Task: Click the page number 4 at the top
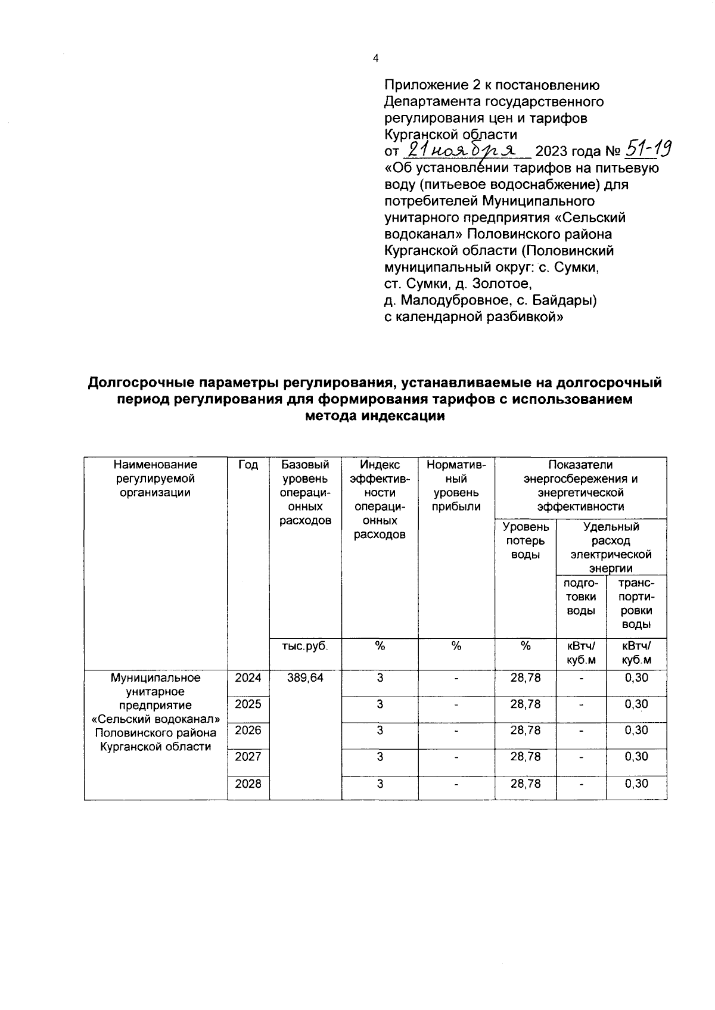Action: point(375,58)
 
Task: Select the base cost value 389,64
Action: point(305,678)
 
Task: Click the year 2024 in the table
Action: point(248,678)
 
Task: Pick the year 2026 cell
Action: point(248,731)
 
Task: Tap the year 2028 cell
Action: point(248,784)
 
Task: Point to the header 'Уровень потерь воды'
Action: point(525,541)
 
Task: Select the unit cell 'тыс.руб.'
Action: point(305,646)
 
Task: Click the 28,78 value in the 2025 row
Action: point(525,704)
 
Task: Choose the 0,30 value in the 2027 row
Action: point(636,757)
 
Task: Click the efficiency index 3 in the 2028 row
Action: point(380,784)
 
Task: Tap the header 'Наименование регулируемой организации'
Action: point(156,478)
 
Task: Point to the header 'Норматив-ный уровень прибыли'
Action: point(456,486)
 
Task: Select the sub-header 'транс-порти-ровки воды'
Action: point(636,604)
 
